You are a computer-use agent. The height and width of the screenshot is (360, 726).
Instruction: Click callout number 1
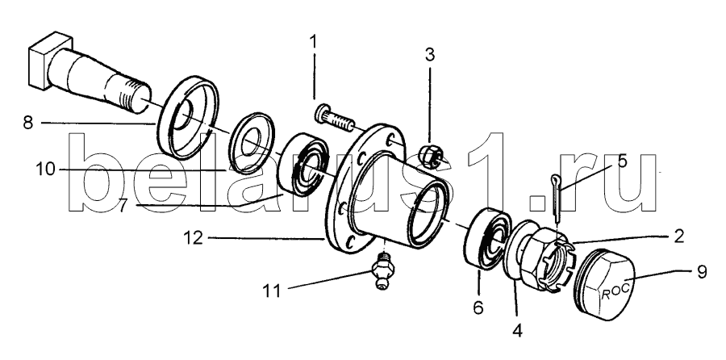tap(314, 42)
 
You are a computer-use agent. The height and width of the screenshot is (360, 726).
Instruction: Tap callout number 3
tap(430, 55)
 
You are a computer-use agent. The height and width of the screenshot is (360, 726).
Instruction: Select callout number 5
tap(622, 161)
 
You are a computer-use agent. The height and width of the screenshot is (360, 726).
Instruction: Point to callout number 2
tap(678, 237)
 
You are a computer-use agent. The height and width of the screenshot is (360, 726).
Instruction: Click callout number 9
tap(702, 271)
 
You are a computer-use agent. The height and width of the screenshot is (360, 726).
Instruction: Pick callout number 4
tap(517, 329)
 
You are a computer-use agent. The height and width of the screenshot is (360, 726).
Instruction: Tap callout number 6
tap(478, 306)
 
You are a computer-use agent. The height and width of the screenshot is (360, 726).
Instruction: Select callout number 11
tap(273, 291)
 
